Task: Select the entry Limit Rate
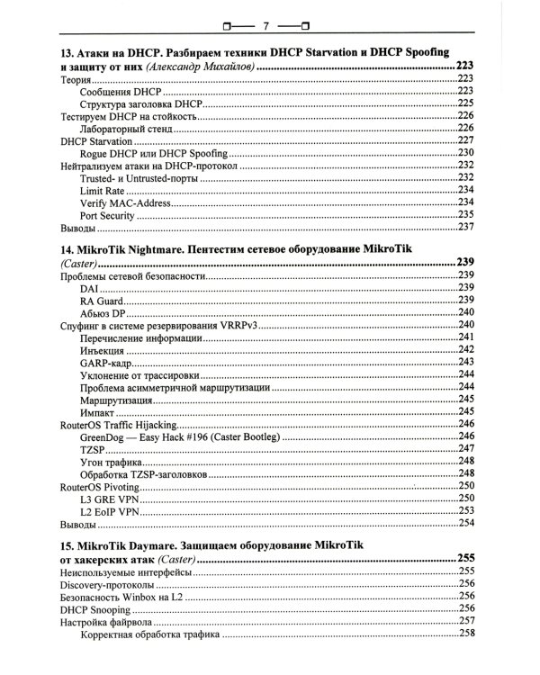pos(103,190)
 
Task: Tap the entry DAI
pos(90,287)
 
